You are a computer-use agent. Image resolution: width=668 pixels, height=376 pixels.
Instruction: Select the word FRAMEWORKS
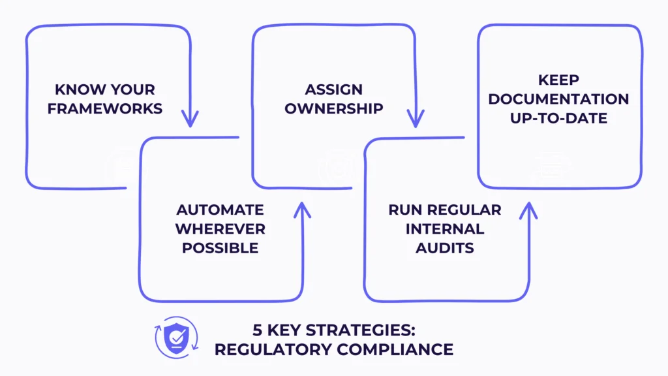[x=105, y=108]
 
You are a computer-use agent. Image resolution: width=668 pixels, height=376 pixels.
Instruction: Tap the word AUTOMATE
[x=220, y=210]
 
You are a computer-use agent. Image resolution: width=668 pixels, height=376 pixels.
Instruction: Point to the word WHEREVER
[x=220, y=229]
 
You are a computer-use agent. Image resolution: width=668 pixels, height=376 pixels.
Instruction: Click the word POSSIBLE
[x=220, y=248]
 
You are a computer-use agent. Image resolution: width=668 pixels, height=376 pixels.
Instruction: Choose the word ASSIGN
[x=333, y=89]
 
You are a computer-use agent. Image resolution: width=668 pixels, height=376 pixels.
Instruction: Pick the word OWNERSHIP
[x=333, y=108]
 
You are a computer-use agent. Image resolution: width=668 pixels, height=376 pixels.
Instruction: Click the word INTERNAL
[x=445, y=229]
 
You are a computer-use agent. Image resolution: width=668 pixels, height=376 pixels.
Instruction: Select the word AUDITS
[x=445, y=248]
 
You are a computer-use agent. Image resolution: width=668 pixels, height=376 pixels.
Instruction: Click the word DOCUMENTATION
[x=558, y=99]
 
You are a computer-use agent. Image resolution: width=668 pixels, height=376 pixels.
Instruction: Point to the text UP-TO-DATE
[x=558, y=118]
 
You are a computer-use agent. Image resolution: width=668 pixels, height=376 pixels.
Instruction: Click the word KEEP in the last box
[x=558, y=80]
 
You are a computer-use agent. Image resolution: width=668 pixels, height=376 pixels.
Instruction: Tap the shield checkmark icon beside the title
[x=175, y=337]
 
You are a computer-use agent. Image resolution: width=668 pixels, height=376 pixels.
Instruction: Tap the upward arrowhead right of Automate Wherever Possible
[x=303, y=210]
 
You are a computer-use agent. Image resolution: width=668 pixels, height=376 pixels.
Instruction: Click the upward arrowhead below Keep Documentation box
[x=528, y=210]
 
